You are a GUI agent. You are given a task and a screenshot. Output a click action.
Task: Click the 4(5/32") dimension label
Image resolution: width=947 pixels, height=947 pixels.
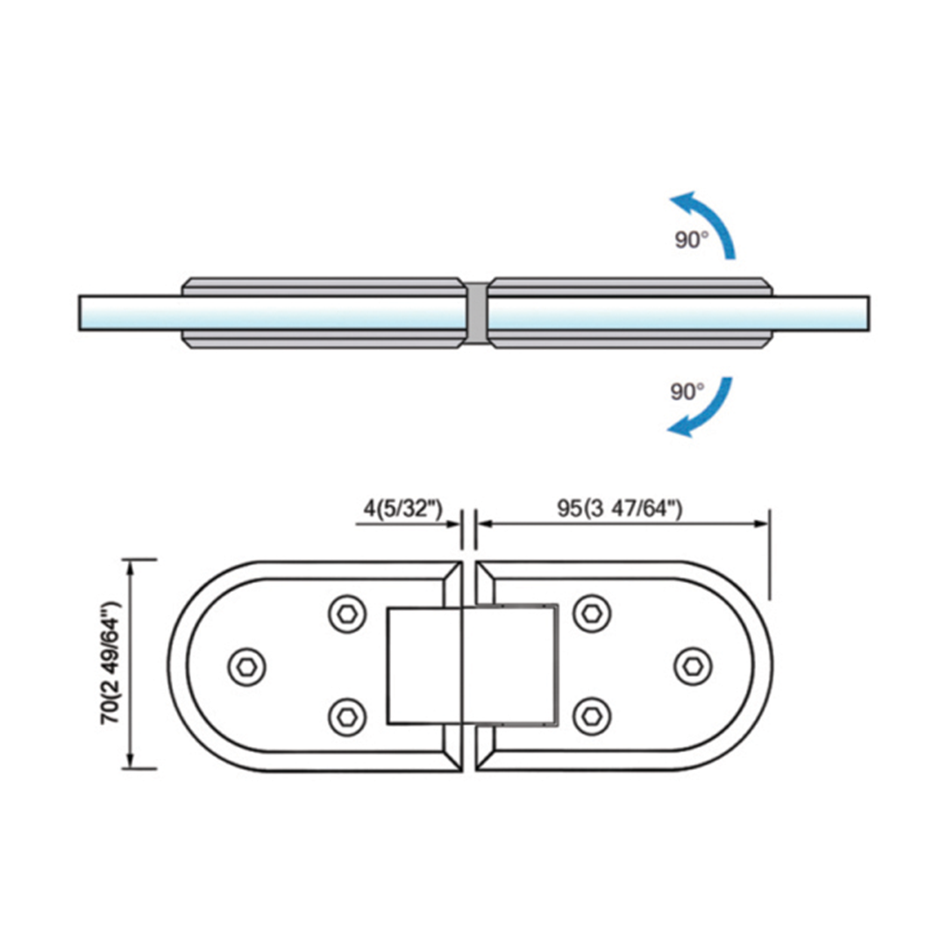[402, 509]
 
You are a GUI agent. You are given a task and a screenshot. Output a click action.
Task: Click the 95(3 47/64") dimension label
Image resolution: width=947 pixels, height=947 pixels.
[620, 509]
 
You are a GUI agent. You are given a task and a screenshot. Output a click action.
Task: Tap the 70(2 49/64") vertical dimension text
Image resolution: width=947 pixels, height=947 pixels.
[111, 663]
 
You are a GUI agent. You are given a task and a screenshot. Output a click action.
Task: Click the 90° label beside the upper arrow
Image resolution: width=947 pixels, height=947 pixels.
[692, 239]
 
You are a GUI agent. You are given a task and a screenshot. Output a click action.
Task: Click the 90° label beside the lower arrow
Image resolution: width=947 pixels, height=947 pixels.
[687, 392]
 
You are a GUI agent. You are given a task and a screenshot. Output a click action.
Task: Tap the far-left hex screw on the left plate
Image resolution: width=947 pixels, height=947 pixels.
[247, 666]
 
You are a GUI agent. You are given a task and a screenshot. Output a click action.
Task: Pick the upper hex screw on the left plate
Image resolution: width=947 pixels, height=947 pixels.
[347, 614]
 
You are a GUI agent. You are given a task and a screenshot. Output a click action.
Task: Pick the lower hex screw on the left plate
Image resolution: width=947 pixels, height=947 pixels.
[347, 717]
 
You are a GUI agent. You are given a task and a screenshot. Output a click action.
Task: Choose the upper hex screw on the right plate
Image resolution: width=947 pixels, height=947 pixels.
[592, 614]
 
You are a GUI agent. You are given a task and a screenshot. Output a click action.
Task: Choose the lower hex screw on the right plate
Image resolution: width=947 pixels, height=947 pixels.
[592, 717]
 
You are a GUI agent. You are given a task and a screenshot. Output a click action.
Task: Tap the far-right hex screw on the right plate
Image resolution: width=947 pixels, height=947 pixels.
[693, 666]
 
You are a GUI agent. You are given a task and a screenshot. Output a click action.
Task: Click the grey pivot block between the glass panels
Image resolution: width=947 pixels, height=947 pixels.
[477, 313]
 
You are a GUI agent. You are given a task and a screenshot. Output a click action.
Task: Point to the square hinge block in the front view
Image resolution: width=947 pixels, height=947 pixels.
[473, 666]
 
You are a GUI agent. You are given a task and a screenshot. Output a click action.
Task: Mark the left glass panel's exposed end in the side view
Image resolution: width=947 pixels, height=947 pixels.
[131, 313]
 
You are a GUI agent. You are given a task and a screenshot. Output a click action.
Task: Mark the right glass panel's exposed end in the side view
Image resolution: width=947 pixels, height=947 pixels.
[821, 313]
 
